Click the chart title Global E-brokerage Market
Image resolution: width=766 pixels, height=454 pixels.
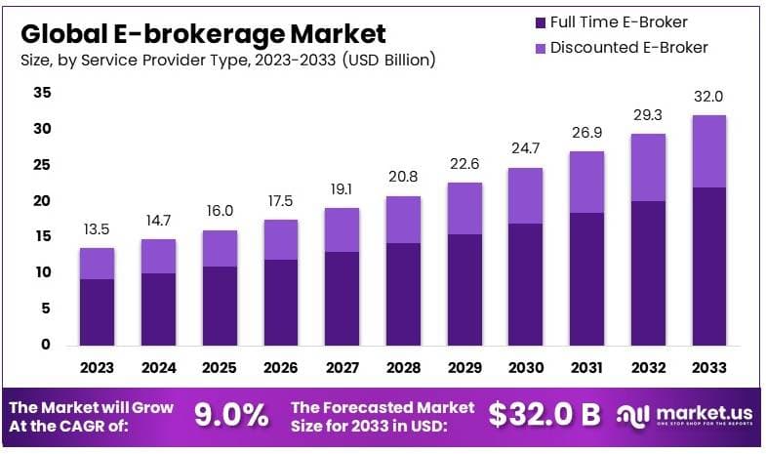coord(203,33)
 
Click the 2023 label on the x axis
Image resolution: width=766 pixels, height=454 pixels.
coord(97,368)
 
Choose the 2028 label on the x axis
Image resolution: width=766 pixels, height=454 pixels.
coord(404,368)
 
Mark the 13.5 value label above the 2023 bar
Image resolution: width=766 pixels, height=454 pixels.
coord(97,231)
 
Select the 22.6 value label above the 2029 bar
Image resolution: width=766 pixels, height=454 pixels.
coord(465,163)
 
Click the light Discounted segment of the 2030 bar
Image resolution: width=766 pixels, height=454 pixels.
coord(527,195)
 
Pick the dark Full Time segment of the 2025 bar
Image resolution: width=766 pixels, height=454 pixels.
coord(220,305)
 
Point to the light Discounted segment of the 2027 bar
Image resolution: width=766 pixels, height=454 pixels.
coord(343,229)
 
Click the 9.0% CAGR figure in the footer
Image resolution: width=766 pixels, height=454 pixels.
coord(231,415)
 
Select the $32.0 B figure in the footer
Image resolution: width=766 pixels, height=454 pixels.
coord(544,415)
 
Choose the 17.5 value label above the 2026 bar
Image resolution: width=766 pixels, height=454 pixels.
coord(281,200)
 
